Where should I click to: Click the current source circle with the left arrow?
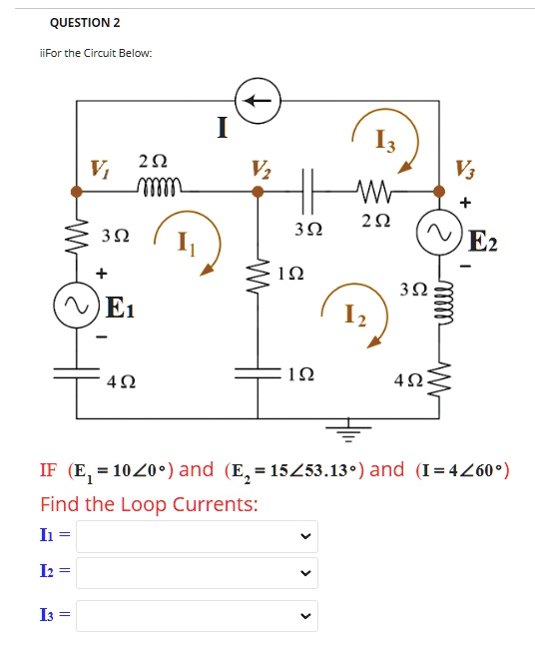coord(258,101)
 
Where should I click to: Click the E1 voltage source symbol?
coord(77,306)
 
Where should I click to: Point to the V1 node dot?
coord(77,192)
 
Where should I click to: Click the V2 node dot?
coord(258,192)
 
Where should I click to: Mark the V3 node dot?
coord(439,192)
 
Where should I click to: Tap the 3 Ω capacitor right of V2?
coord(308,192)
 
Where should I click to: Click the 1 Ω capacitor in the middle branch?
coord(258,373)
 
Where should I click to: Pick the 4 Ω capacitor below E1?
coord(77,373)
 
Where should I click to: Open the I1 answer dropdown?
coord(197,536)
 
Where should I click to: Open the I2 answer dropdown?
coord(197,573)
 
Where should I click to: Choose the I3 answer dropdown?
coord(197,616)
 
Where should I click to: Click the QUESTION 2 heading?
coord(85,22)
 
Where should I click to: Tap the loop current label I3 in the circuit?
coord(385,140)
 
